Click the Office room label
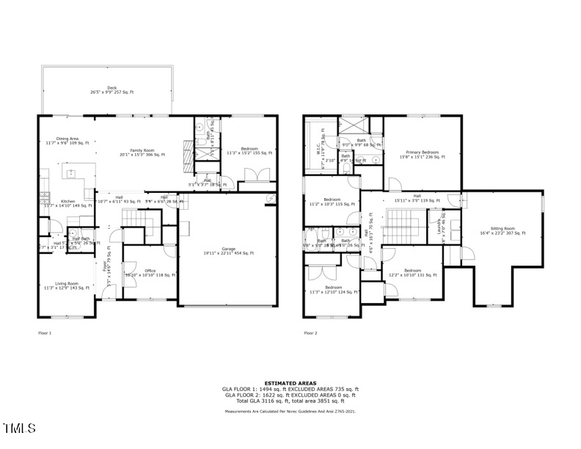(x=150, y=272)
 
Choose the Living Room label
(x=67, y=285)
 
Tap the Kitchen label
(x=67, y=202)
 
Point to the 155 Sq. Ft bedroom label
(x=249, y=150)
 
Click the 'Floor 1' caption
(x=45, y=333)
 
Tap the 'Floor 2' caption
(x=310, y=333)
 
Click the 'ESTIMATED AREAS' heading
(x=290, y=383)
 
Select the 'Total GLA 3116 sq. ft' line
(x=290, y=401)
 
